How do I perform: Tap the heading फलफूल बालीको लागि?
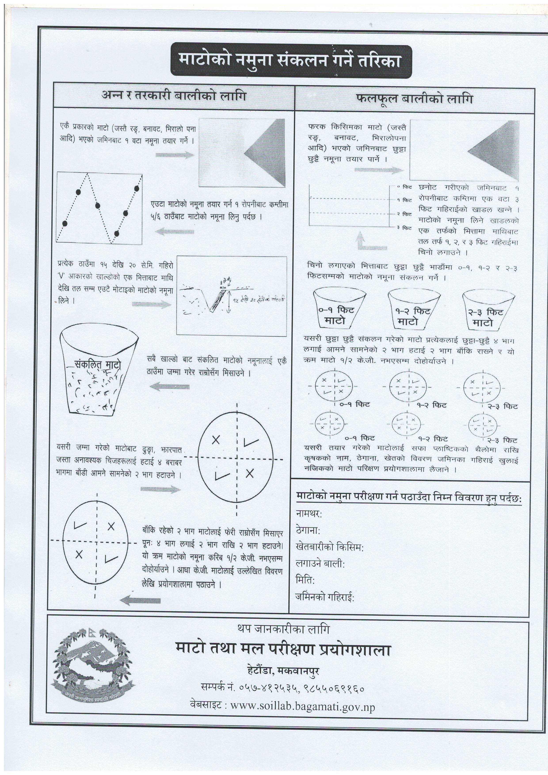click(414, 99)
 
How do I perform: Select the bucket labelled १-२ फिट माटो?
click(415, 309)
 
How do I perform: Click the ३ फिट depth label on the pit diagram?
click(404, 228)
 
